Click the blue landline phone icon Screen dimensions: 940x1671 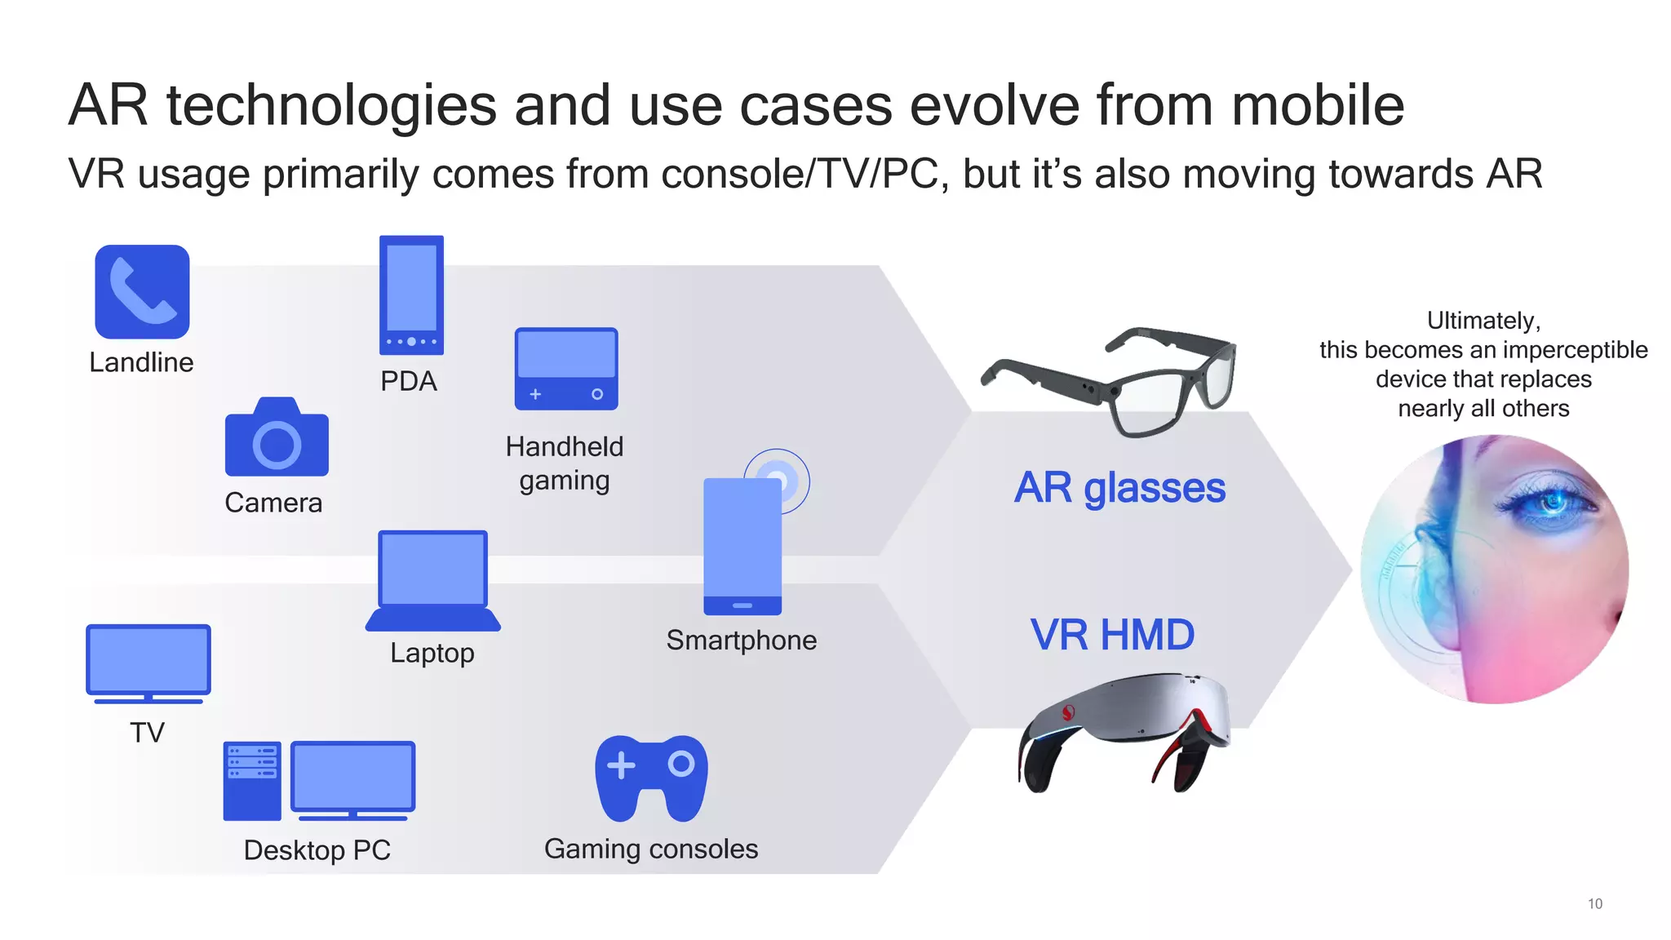pos(142,291)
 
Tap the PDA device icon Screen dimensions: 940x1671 pos(411,295)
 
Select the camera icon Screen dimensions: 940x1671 pos(277,438)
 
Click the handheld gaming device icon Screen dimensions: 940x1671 pos(565,369)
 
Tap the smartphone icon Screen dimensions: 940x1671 pos(742,545)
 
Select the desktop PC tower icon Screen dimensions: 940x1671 pos(252,780)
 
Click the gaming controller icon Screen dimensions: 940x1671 pos(651,778)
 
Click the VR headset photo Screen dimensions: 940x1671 pos(1124,729)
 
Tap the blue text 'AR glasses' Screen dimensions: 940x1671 pos(1119,488)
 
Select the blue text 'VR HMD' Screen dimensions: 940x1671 pos(1112,635)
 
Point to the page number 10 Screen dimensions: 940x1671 pos(1594,903)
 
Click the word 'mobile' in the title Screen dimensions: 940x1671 pos(1317,105)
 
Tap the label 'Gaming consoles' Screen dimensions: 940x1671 pos(651,849)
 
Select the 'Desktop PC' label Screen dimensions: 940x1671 pos(317,850)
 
